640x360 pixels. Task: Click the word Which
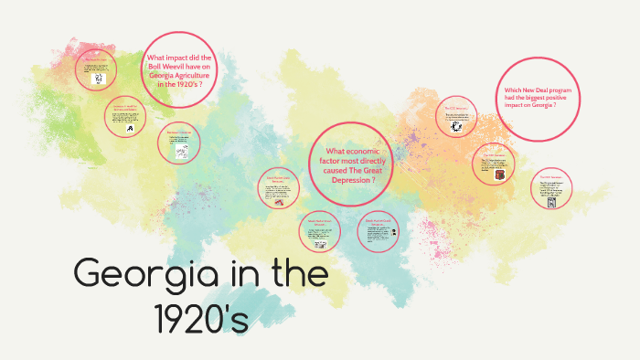513,90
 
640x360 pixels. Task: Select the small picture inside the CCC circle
455,127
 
